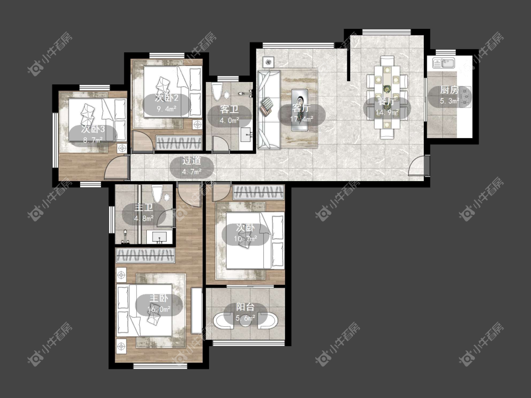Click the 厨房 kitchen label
click(449, 90)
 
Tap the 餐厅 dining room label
click(387, 101)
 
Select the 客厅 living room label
click(302, 108)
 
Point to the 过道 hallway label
click(192, 161)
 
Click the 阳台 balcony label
click(245, 307)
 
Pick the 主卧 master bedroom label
click(159, 298)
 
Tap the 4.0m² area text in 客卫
click(229, 120)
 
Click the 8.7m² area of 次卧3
click(93, 140)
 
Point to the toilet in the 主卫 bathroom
click(158, 194)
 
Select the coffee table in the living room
click(300, 110)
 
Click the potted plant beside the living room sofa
click(269, 62)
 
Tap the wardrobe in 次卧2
click(179, 143)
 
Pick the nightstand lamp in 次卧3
click(122, 148)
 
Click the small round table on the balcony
click(245, 320)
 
